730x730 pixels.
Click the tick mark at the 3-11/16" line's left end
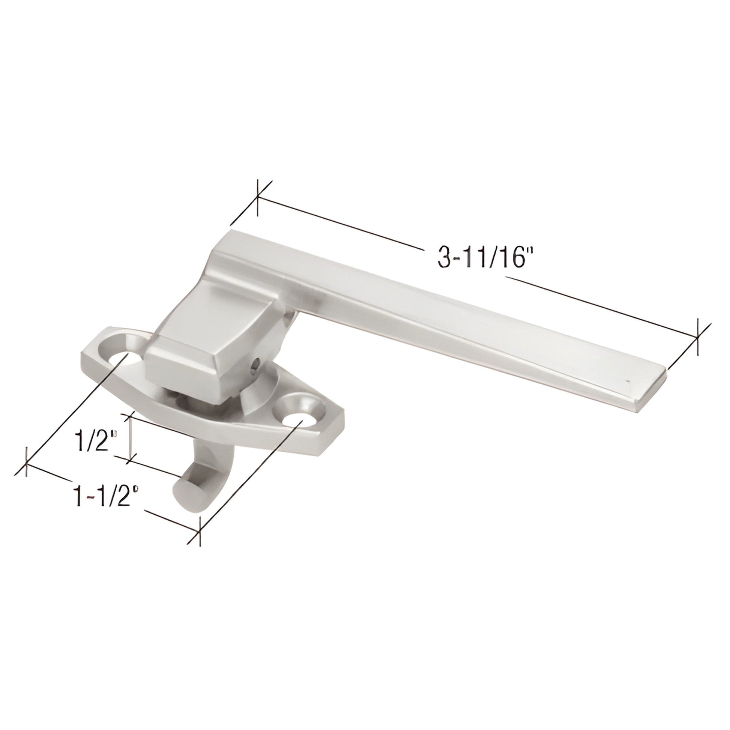[x=257, y=198]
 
